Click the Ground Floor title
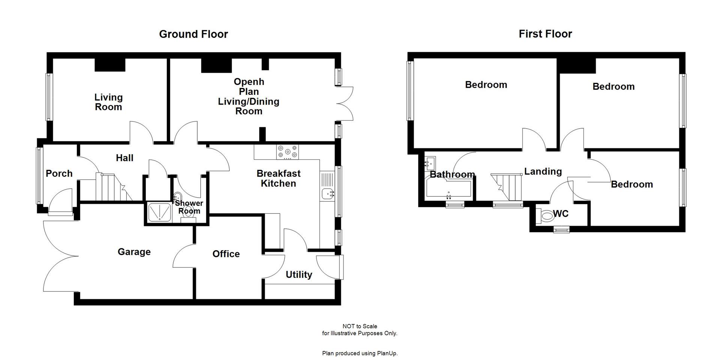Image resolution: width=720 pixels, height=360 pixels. [x=193, y=34]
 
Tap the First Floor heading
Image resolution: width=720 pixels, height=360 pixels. [x=545, y=34]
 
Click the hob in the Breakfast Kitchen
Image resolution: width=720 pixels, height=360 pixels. [x=288, y=152]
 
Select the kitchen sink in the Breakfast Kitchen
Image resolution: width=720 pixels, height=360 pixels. [x=327, y=194]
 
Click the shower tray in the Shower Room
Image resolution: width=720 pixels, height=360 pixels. [x=159, y=212]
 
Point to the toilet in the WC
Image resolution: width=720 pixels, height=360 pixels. [x=544, y=216]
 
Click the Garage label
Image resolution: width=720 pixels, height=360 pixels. [x=134, y=252]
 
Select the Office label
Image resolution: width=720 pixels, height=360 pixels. [x=226, y=254]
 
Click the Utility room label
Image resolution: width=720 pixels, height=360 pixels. [x=298, y=274]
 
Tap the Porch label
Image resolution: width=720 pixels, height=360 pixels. [x=59, y=173]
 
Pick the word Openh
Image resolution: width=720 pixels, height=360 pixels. [x=249, y=82]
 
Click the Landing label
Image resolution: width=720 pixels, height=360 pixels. [x=543, y=171]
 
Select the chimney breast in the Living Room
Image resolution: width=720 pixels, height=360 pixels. [x=109, y=65]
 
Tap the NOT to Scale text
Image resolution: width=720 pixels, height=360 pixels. [x=360, y=326]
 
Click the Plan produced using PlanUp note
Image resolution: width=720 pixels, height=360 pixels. [x=360, y=353]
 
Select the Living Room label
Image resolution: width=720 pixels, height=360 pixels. [x=108, y=102]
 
